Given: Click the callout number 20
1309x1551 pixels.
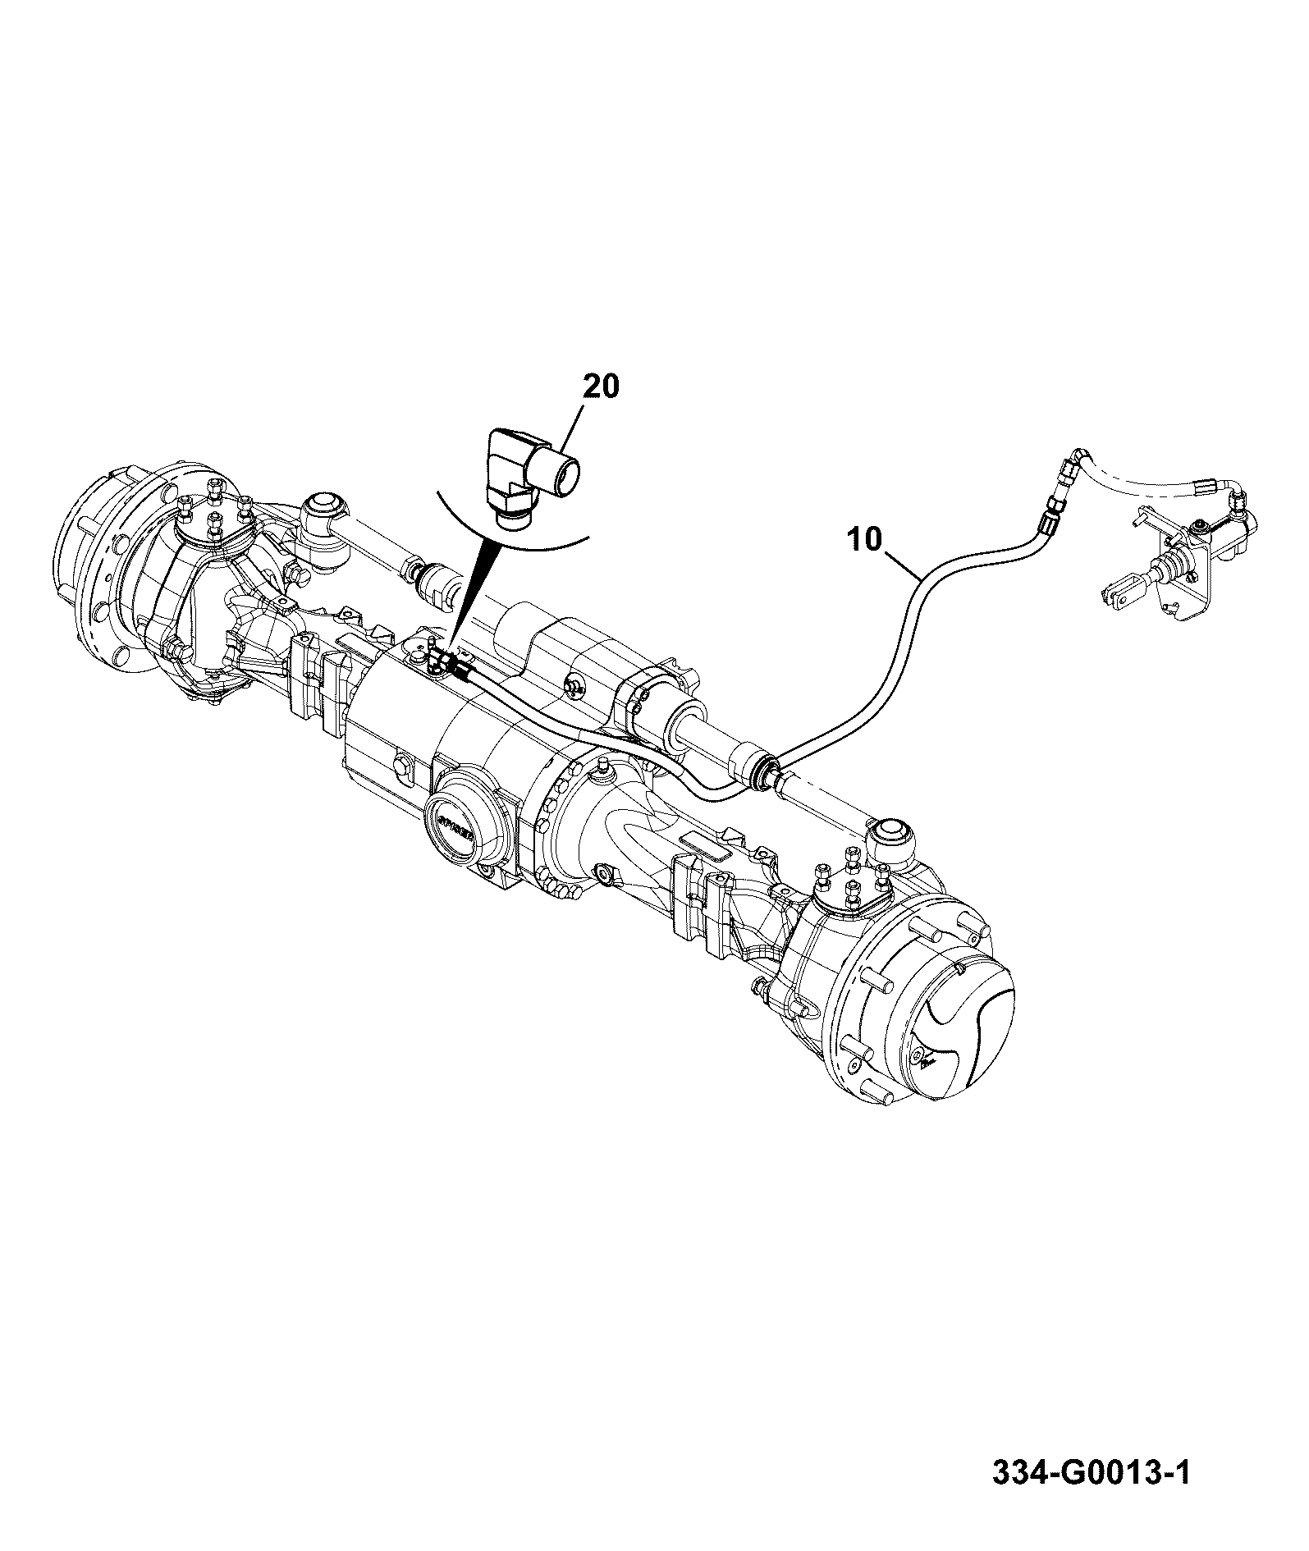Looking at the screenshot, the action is tap(602, 386).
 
